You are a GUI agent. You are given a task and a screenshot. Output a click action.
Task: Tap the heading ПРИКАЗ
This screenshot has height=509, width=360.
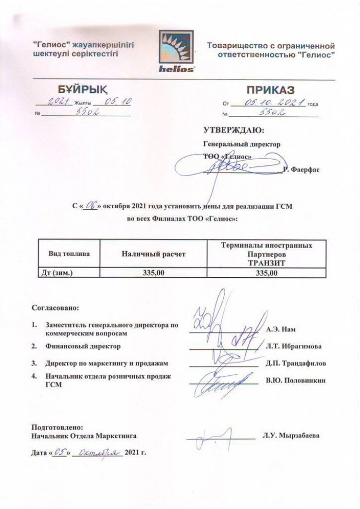pos(270,91)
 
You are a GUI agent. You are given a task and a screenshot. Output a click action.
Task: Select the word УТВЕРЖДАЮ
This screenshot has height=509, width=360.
pos(233,130)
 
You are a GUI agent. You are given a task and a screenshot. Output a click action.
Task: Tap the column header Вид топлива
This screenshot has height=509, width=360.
pos(69,254)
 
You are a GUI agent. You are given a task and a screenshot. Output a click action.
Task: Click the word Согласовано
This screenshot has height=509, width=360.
pos(54,308)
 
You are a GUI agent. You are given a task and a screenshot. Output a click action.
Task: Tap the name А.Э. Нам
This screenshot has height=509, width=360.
pos(281,329)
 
